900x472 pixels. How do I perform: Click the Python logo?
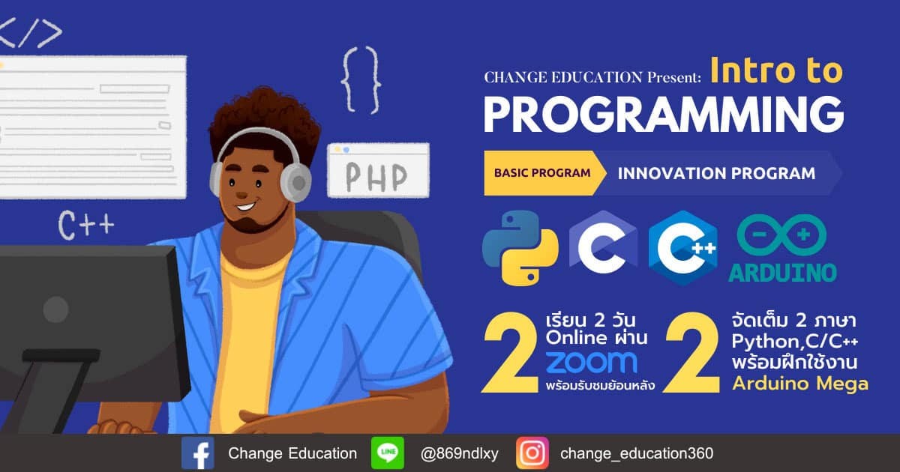pos(520,248)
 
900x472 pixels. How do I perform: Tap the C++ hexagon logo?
pos(683,248)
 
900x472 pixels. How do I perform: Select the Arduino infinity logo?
pos(781,235)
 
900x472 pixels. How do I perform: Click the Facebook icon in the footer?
pos(198,453)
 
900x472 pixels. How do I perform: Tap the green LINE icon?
pos(388,453)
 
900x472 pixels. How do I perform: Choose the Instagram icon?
pos(532,453)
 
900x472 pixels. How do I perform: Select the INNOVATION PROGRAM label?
pos(716,173)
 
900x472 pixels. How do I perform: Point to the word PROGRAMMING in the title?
pos(664,115)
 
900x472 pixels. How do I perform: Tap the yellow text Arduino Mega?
pos(800,384)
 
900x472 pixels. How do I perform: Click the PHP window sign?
pos(378,171)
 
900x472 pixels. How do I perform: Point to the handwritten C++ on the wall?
pos(86,225)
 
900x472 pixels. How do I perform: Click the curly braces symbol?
pos(361,80)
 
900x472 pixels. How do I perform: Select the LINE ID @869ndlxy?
pos(459,453)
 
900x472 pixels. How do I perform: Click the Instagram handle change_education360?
pos(637,453)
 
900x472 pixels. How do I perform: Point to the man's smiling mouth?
pos(245,206)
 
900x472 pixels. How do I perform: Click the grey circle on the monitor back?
pos(55,309)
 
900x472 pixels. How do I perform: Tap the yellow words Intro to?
pos(776,70)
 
